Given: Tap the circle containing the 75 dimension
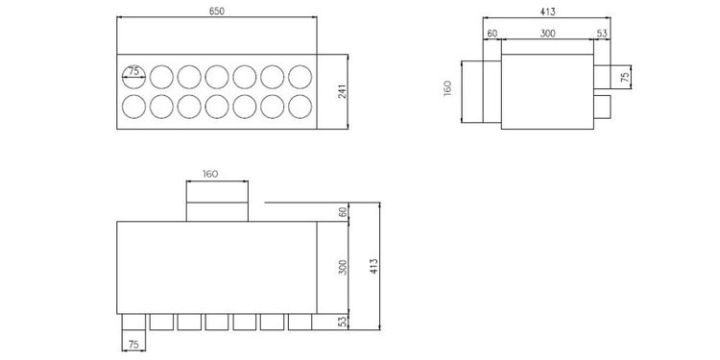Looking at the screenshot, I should click(x=134, y=74).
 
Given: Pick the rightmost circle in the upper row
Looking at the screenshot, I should click(x=300, y=75).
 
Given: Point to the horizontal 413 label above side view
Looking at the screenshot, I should click(x=547, y=12).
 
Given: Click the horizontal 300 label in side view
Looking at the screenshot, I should click(x=547, y=34).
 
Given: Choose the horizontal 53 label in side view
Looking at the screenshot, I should click(x=602, y=34).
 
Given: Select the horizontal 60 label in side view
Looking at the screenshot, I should click(x=492, y=34).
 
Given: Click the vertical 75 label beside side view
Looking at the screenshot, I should click(x=626, y=76).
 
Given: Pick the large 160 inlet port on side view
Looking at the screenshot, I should click(x=482, y=91).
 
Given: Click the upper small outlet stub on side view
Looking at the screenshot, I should click(x=602, y=76).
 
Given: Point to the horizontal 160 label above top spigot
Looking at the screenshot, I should click(x=211, y=175).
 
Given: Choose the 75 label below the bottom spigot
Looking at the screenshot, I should click(x=134, y=344).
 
